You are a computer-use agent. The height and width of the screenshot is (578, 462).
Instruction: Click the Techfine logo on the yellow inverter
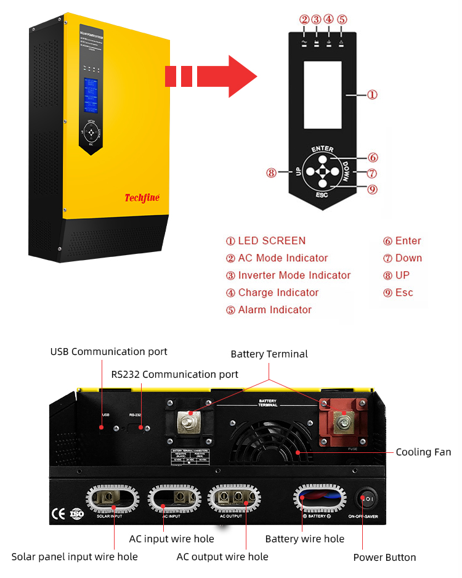pyautogui.click(x=142, y=197)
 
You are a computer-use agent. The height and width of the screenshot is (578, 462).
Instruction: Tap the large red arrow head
pyautogui.click(x=241, y=76)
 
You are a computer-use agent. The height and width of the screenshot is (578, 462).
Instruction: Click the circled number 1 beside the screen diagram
pyautogui.click(x=372, y=95)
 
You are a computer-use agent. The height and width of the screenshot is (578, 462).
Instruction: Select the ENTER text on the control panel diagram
pyautogui.click(x=322, y=149)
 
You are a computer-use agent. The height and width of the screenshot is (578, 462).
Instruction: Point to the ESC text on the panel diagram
pyautogui.click(x=322, y=195)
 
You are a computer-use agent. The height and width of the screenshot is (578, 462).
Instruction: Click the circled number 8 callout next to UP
pyautogui.click(x=272, y=173)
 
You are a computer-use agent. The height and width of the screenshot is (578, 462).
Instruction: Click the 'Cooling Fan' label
pyautogui.click(x=423, y=452)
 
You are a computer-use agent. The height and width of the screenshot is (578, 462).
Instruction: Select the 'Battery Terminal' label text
pyautogui.click(x=269, y=354)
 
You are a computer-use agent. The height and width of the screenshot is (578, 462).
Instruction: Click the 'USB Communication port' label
pyautogui.click(x=108, y=352)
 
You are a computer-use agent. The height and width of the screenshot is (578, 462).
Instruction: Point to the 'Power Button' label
pyautogui.click(x=384, y=558)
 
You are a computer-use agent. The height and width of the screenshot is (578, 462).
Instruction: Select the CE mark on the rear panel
pyautogui.click(x=59, y=511)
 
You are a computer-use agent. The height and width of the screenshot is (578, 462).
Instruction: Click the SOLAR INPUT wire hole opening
pyautogui.click(x=114, y=498)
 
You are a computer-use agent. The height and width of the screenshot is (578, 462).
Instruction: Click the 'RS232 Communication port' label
pyautogui.click(x=175, y=374)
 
